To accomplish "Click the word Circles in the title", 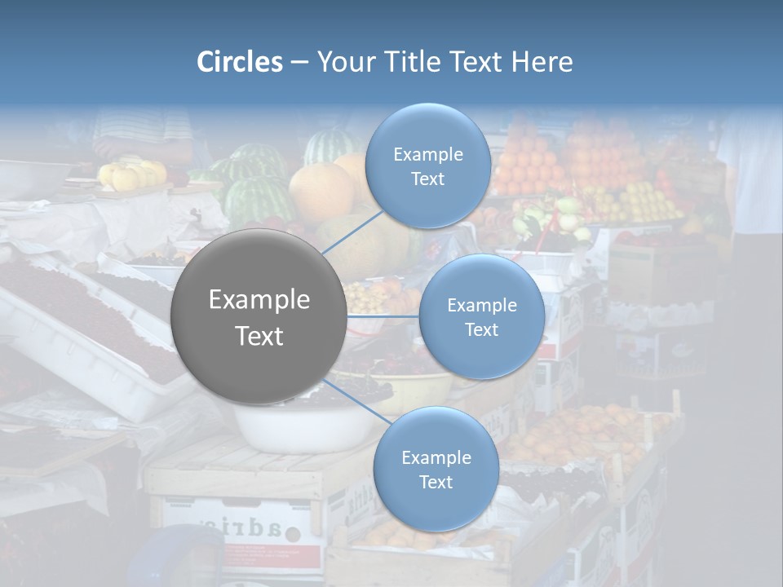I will click(239, 62).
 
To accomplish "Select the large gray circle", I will click(259, 316).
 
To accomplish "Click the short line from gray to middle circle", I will click(383, 316).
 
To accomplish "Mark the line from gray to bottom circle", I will click(356, 402).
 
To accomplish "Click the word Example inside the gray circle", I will click(259, 299).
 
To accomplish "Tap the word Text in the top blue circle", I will click(427, 179).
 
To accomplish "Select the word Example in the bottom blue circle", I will click(436, 457).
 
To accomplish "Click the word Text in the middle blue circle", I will click(481, 329).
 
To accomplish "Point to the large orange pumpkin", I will click(321, 192).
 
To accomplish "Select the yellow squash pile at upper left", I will click(132, 174).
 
